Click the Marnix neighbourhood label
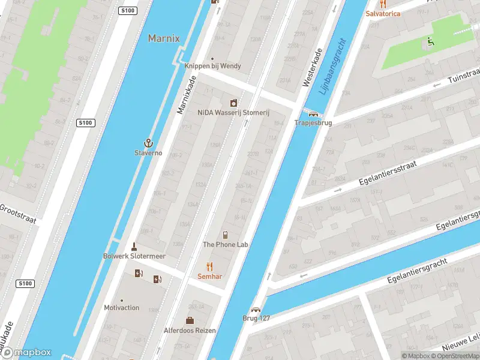click(x=164, y=38)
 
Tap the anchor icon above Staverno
click(x=147, y=143)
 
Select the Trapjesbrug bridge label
click(x=313, y=123)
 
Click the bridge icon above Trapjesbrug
click(x=313, y=113)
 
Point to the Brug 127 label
click(x=256, y=319)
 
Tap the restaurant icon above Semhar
click(x=209, y=266)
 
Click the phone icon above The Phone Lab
click(x=226, y=235)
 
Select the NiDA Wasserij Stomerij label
click(x=234, y=113)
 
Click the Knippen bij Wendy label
click(x=212, y=66)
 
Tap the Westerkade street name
click(x=314, y=67)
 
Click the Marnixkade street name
click(x=187, y=95)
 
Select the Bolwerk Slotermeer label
click(x=134, y=256)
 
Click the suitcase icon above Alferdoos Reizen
click(x=190, y=320)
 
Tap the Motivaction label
click(x=121, y=308)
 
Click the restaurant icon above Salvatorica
click(x=383, y=4)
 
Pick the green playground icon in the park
click(x=430, y=42)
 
